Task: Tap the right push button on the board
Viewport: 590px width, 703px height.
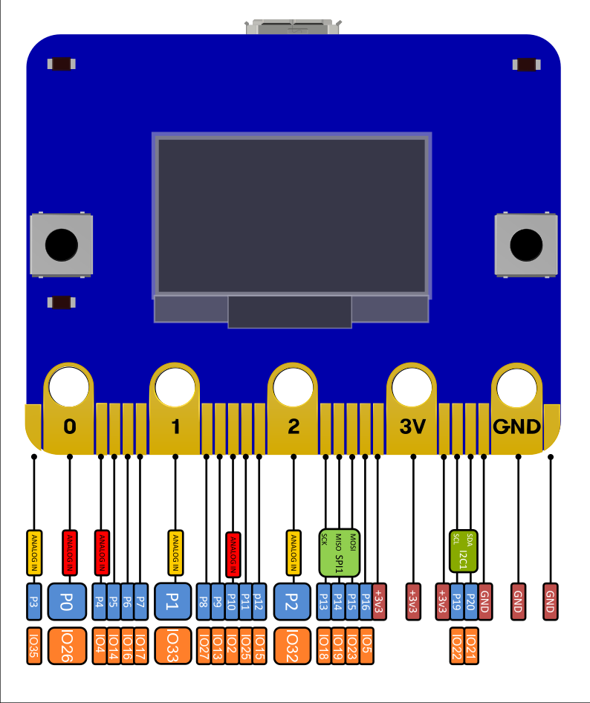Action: pos(526,244)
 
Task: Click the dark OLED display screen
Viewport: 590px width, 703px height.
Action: pos(291,216)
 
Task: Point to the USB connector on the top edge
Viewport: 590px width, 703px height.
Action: pos(293,27)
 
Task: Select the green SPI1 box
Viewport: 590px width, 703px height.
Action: pos(340,553)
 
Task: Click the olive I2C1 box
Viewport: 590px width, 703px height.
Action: pos(464,551)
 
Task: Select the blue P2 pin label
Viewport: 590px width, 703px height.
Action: pos(293,601)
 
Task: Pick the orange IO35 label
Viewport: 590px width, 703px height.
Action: pos(33,646)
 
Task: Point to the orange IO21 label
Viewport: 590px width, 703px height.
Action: pos(470,646)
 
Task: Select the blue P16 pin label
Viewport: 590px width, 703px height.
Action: pos(366,601)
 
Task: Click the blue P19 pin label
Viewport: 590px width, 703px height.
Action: pos(457,601)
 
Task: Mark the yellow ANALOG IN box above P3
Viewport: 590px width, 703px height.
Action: pos(33,553)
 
